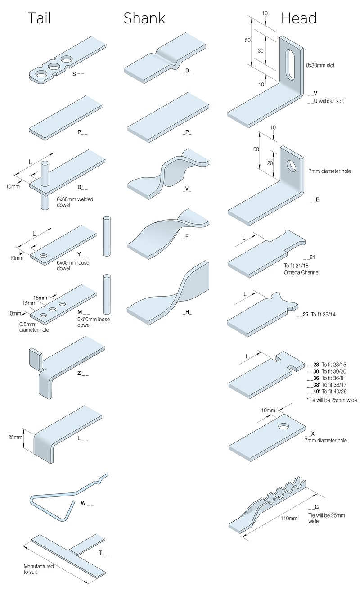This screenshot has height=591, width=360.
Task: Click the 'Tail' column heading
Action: point(39,18)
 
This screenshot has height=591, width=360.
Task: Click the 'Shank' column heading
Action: point(144,18)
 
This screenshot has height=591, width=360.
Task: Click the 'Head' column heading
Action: point(299,18)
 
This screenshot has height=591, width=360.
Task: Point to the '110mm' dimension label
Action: point(289,518)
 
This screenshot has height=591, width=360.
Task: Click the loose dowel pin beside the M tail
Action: point(107,294)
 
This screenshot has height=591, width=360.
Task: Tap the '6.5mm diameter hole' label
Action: point(34,327)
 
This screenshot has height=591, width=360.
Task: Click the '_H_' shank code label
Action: point(187,312)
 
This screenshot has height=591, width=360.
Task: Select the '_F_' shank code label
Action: point(187,237)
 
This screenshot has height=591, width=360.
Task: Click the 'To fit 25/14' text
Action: point(323,315)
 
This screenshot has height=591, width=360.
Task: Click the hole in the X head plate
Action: point(284,426)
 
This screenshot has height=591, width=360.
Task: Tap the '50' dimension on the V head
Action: point(247,41)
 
